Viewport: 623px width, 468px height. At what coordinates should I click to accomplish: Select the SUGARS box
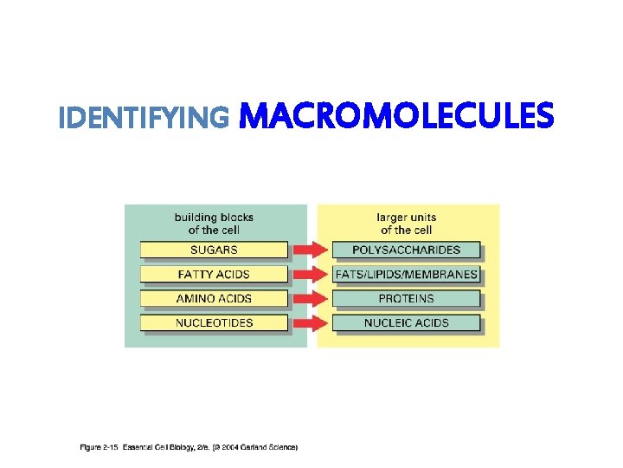click(x=213, y=250)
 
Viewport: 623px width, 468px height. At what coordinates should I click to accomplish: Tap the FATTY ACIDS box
click(x=213, y=275)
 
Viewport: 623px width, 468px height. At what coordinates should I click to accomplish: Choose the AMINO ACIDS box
click(x=213, y=299)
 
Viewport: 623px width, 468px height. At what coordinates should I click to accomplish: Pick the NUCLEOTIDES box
click(x=213, y=323)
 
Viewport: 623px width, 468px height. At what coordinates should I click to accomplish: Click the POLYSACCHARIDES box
click(x=406, y=250)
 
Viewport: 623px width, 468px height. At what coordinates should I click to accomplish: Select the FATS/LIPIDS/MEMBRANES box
click(x=406, y=275)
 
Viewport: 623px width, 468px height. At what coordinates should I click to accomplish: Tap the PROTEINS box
click(x=406, y=299)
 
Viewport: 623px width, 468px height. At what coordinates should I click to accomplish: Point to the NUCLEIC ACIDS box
click(x=406, y=323)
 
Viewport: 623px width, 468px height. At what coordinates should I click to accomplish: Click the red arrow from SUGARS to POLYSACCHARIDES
click(x=310, y=250)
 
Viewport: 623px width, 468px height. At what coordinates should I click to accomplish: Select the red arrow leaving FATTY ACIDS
click(x=310, y=275)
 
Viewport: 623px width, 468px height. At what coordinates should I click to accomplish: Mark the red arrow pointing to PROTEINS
click(x=310, y=299)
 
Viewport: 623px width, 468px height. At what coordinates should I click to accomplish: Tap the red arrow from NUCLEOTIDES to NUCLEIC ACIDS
click(x=310, y=323)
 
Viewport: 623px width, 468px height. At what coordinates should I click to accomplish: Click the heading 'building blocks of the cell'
click(x=214, y=224)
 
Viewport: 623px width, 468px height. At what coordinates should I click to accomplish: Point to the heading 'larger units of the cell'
click(x=406, y=224)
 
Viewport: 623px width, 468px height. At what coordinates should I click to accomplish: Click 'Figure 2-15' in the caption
click(x=99, y=448)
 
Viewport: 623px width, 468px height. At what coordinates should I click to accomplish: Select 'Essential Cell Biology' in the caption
click(x=159, y=448)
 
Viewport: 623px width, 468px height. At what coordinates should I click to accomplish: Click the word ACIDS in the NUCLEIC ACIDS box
click(x=430, y=323)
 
